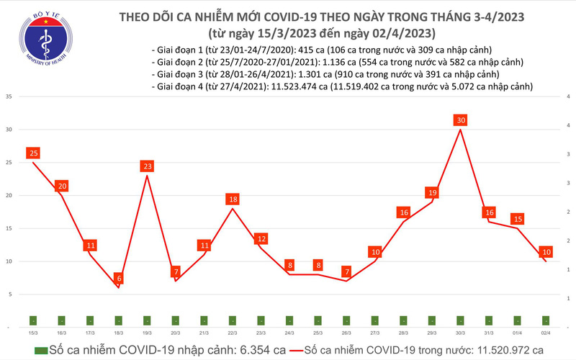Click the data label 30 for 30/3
(461, 120)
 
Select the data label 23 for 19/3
(147, 166)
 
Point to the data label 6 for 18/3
(118, 279)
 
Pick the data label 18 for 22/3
(233, 199)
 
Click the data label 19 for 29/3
(432, 193)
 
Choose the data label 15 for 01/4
(518, 219)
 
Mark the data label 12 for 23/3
(261, 238)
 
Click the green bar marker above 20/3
(176, 320)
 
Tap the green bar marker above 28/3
(403, 320)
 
